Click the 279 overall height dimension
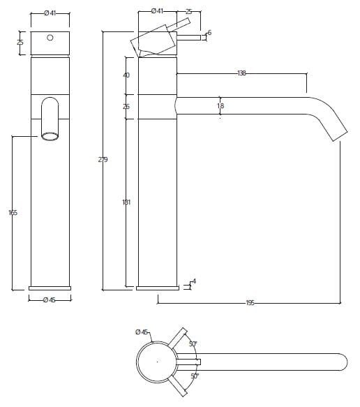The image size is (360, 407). pos(103,160)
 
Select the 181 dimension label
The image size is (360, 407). pos(126,202)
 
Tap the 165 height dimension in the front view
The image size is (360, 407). pos(13,212)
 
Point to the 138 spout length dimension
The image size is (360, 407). pos(241,73)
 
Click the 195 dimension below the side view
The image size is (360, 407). pos(250,302)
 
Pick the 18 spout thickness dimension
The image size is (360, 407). pos(220,106)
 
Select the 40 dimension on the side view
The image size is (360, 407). pos(126,75)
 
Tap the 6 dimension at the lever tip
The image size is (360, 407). pos(209,33)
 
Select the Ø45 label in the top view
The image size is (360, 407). pos(142,332)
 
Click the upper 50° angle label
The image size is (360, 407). pos(193,343)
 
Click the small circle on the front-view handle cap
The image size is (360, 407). pos(50,38)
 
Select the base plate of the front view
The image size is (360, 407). pos(50,287)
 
